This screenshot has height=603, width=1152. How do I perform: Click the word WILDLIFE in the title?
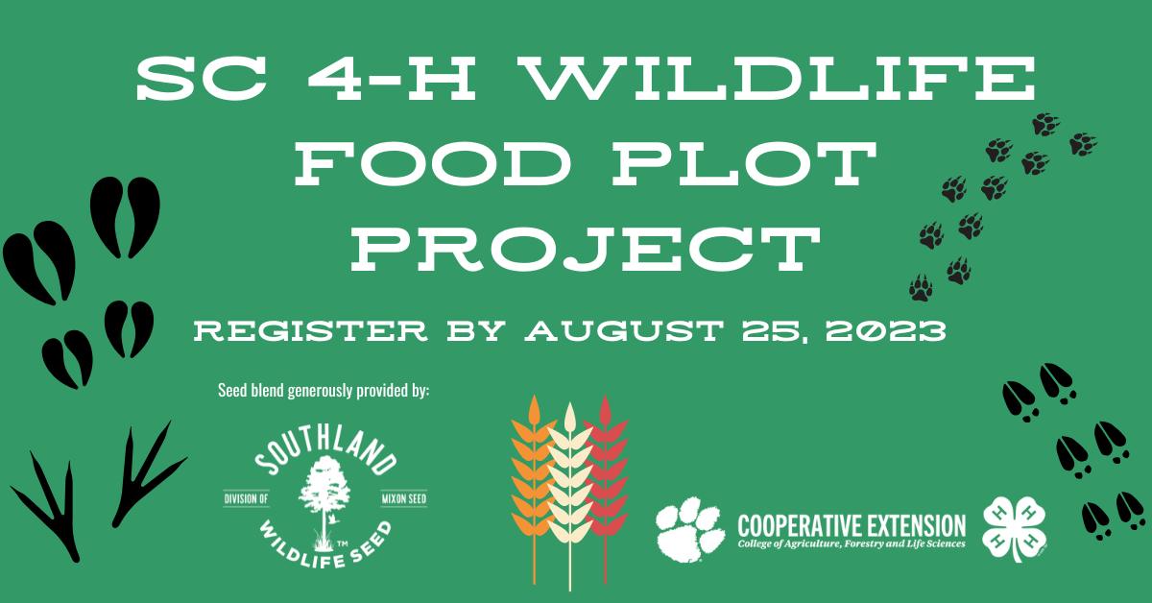780,78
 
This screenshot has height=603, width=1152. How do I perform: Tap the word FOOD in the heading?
434,163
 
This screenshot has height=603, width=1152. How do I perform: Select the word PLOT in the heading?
744,163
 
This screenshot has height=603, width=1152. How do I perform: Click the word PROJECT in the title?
586,249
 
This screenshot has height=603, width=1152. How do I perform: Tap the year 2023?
885,331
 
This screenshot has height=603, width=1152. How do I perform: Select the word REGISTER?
311,331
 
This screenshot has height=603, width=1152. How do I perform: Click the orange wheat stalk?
533,490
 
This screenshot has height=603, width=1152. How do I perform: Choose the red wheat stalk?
606,490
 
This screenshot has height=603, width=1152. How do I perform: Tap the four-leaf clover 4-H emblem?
1014,528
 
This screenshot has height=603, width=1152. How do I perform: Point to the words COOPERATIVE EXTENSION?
852,526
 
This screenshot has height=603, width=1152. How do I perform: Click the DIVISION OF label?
247,498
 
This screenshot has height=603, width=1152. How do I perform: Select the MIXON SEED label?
404,498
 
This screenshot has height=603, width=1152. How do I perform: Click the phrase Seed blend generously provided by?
324,391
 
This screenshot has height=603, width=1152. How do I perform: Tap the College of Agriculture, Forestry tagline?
852,544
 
